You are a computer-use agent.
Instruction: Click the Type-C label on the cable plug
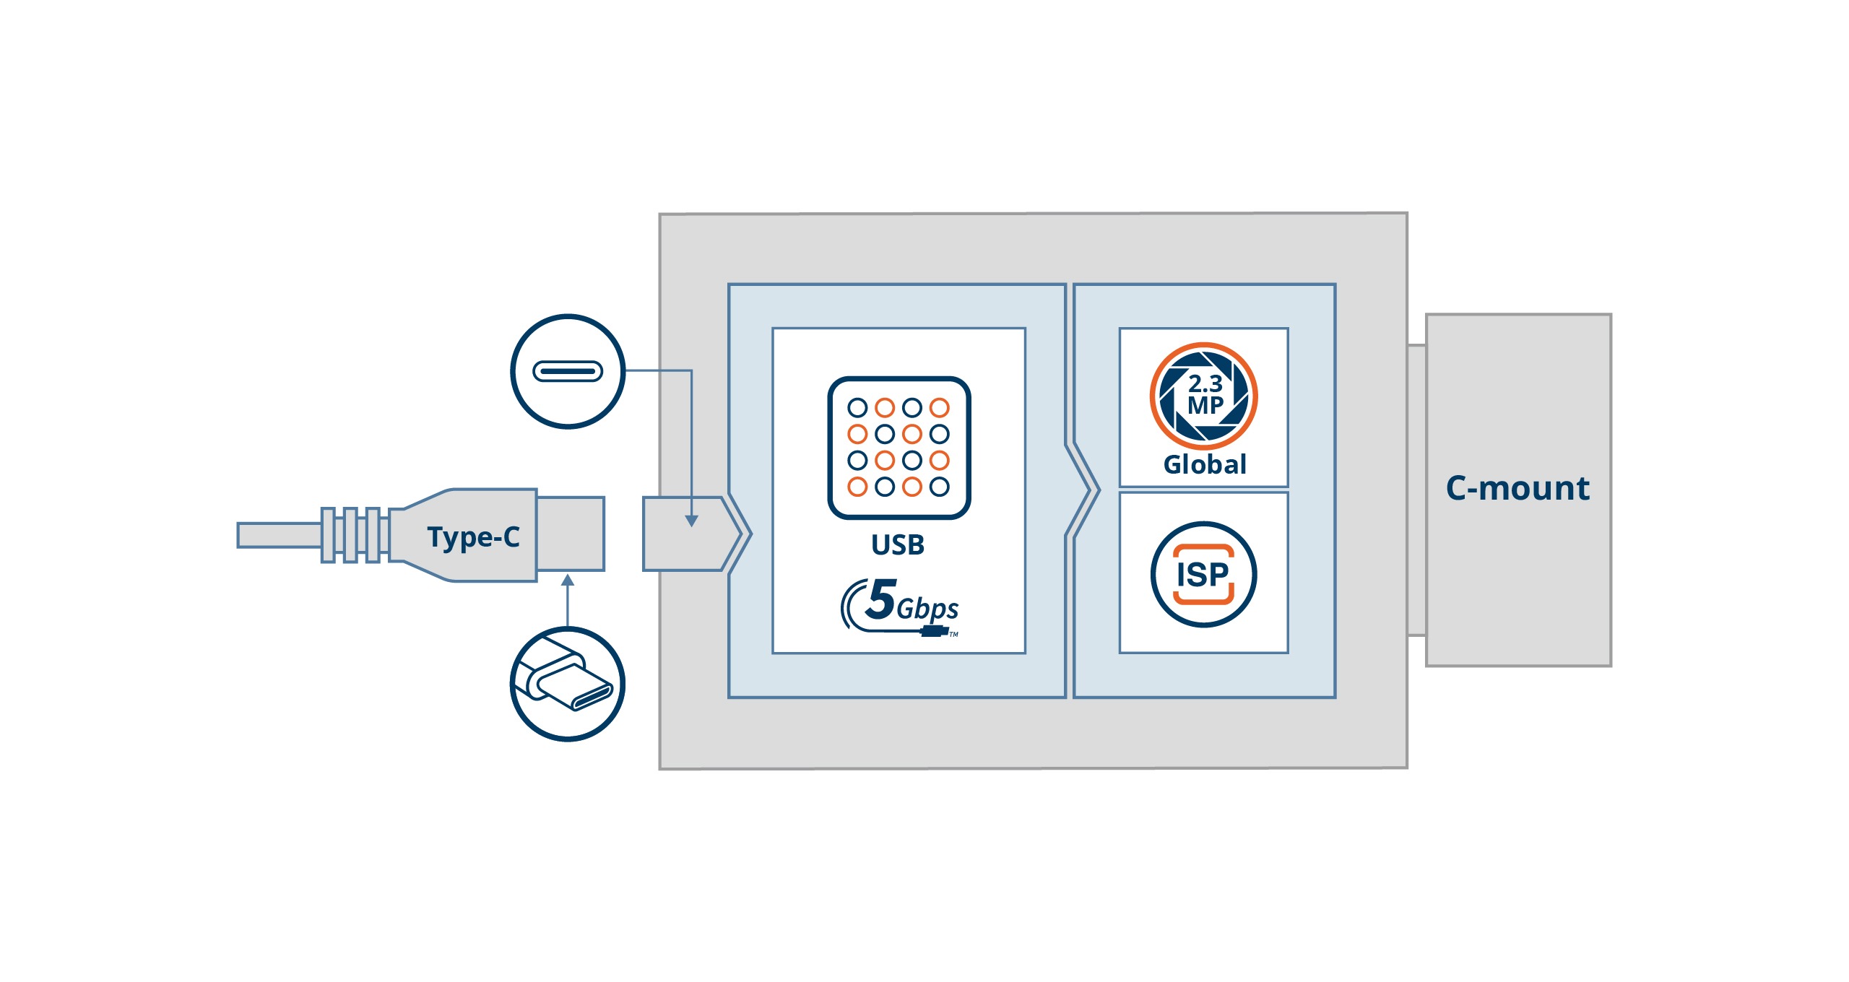tap(473, 536)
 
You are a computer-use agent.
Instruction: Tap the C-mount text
tap(1517, 489)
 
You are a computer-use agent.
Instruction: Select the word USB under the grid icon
tap(898, 545)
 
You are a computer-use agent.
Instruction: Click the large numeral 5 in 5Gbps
tap(882, 599)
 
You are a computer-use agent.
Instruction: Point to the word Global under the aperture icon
tap(1205, 464)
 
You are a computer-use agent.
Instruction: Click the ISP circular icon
tap(1203, 575)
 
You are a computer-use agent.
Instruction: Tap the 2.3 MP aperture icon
tap(1203, 396)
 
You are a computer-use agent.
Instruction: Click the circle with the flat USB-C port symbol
tap(568, 371)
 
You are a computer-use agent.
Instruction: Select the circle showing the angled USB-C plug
tap(568, 684)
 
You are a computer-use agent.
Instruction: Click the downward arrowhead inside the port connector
tap(691, 521)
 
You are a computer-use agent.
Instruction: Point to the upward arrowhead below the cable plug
tap(568, 581)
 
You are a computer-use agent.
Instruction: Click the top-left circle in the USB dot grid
tap(857, 408)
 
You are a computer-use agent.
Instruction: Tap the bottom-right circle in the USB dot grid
tap(940, 487)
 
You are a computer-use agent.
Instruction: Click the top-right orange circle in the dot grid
tap(940, 408)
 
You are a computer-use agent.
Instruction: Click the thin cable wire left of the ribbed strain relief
tap(279, 535)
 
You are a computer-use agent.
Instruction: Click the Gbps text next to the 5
tap(927, 609)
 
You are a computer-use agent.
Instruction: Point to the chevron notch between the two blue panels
tap(1083, 490)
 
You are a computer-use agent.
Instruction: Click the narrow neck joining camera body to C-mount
tap(1416, 490)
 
